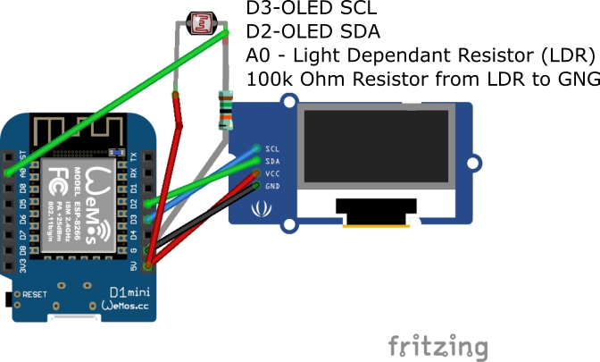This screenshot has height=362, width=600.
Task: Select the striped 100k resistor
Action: coord(223,111)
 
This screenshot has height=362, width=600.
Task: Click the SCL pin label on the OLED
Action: coord(273,148)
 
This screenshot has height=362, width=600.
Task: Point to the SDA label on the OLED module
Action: coord(273,161)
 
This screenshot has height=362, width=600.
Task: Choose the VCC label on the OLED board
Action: coord(273,173)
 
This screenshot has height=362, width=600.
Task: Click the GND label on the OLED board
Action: coord(273,186)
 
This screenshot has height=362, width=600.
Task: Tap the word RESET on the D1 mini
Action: coord(34,294)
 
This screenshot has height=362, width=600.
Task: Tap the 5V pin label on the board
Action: coord(134,265)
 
